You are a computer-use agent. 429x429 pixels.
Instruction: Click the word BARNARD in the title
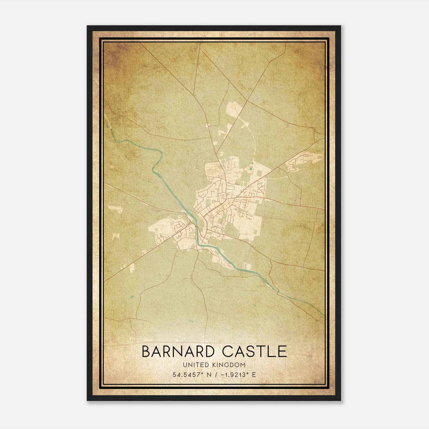tap(177, 352)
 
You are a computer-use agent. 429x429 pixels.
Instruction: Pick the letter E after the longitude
tap(254, 375)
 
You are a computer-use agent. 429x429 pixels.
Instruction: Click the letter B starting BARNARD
tap(146, 352)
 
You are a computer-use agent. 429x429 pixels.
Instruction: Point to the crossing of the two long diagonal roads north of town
tap(247, 102)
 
